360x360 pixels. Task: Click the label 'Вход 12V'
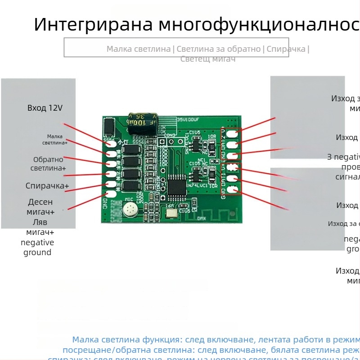(x=45, y=108)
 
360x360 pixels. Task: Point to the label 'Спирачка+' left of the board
(x=47, y=186)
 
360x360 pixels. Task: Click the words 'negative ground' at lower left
(x=37, y=247)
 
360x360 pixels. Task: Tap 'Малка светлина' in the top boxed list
(x=139, y=49)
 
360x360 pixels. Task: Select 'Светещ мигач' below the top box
(x=208, y=59)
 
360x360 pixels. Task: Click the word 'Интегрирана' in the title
(x=92, y=24)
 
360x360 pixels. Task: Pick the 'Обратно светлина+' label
(x=48, y=164)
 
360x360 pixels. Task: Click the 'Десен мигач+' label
(x=40, y=207)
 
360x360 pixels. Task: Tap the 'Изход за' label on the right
(x=343, y=224)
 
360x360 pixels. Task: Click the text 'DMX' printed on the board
(x=202, y=218)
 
